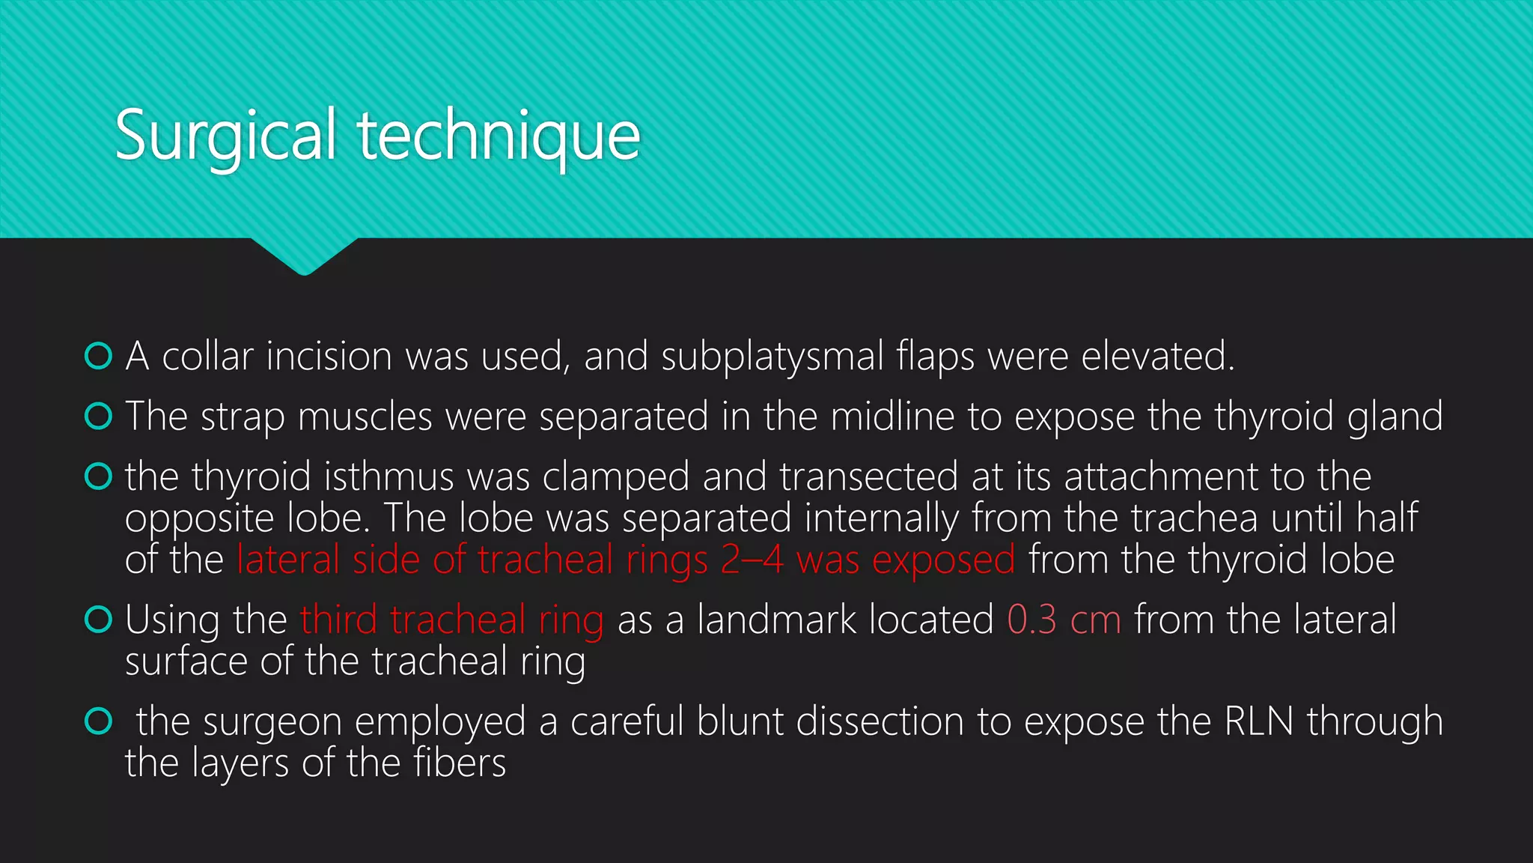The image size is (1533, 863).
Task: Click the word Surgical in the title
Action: [225, 136]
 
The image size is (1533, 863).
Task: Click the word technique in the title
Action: [499, 136]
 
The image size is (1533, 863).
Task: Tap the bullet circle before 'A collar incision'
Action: [99, 357]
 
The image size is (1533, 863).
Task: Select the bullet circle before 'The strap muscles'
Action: [99, 417]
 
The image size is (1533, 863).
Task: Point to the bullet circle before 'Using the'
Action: [99, 620]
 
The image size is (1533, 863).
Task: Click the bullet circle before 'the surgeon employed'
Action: [99, 721]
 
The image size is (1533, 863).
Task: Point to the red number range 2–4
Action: [752, 560]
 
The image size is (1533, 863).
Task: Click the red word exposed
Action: [943, 560]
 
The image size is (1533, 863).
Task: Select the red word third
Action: [338, 620]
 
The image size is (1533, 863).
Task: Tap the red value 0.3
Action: [1031, 620]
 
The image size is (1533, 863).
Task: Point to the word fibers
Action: [460, 763]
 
